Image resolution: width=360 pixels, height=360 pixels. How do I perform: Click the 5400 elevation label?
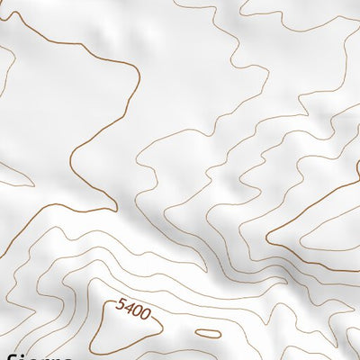[x=133, y=310]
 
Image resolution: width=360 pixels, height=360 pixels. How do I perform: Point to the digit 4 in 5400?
[x=129, y=309]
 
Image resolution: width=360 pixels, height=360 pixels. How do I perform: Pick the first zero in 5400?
[x=137, y=312]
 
